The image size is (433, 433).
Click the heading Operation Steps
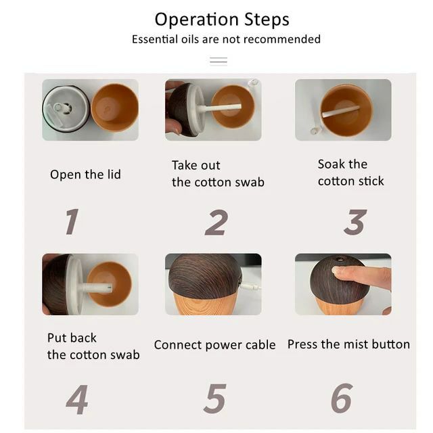222,20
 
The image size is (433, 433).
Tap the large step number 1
72,221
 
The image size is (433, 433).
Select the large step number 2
216,223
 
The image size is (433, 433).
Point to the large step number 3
355,222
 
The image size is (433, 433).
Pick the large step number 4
77,400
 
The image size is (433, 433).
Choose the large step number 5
215,398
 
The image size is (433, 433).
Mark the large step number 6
342,398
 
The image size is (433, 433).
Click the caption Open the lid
85,175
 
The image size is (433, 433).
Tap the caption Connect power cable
215,345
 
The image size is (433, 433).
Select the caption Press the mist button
348,344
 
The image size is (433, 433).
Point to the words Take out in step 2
196,165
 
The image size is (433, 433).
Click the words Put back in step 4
72,338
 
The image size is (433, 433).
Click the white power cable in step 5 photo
250,286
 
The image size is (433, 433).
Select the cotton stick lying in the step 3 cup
341,111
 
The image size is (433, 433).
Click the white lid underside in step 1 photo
66,108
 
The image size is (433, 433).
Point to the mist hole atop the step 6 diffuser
340,259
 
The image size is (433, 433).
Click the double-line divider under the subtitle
219,61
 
